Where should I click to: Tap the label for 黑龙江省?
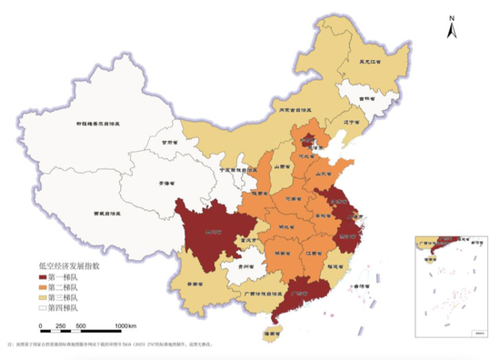(371, 62)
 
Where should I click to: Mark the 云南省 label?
(193, 283)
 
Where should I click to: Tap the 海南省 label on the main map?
(267, 334)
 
